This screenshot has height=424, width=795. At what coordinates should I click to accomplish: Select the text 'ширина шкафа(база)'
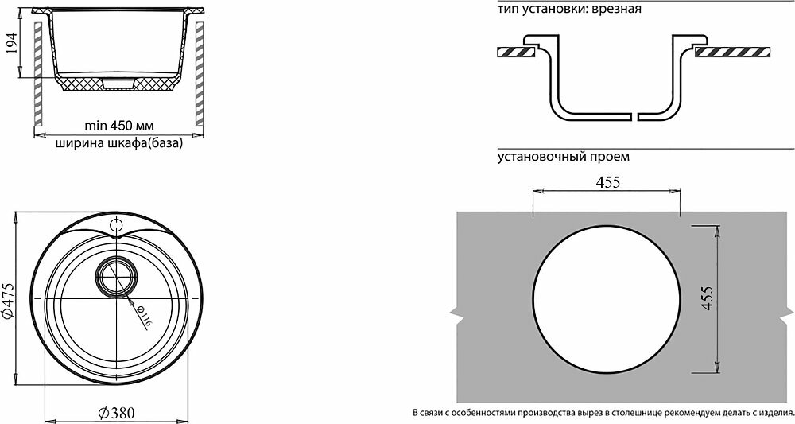click(x=118, y=144)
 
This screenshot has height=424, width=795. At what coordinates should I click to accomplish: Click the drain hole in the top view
click(x=116, y=278)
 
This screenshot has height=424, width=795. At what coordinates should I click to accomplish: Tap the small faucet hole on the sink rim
click(x=117, y=224)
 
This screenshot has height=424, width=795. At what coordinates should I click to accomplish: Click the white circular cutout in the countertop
click(x=606, y=298)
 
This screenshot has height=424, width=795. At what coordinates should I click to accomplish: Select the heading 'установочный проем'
click(x=564, y=157)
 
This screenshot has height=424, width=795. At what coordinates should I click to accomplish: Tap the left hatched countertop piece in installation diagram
click(x=518, y=53)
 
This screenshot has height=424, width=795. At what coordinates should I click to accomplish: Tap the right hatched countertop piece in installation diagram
click(x=732, y=53)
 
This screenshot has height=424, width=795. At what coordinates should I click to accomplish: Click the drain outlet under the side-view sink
click(x=116, y=82)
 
